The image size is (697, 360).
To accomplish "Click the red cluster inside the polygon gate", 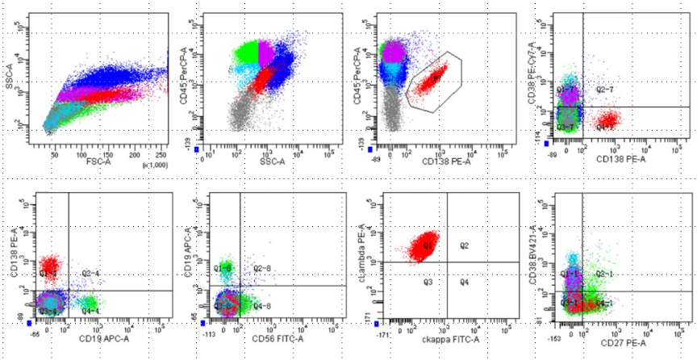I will tap(432, 78).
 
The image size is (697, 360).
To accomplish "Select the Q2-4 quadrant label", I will tap(90, 274).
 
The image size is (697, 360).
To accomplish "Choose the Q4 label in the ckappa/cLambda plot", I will tap(464, 282).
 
